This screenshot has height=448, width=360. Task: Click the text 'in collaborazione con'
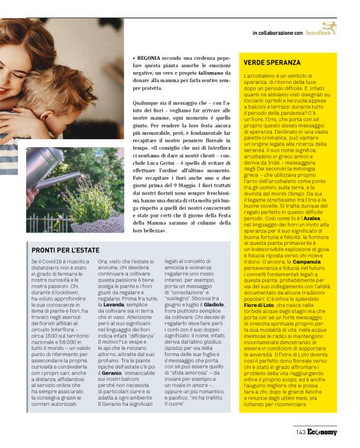pyautogui.click(x=277, y=32)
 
